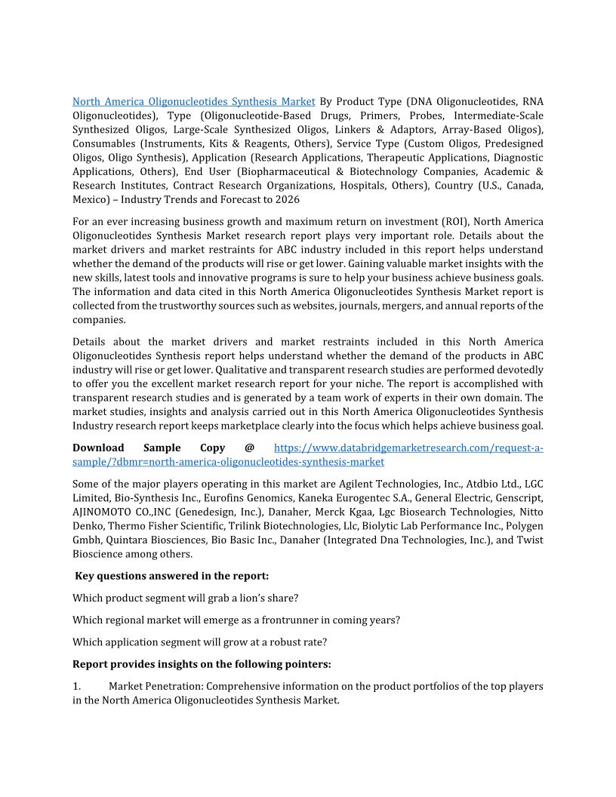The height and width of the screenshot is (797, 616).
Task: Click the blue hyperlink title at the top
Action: coord(194,101)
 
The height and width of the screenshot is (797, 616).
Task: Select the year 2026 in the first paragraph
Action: coord(286,200)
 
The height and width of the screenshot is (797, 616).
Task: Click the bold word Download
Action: coord(98,448)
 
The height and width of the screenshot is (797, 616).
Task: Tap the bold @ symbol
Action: coord(249,448)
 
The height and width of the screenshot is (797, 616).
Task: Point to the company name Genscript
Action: coord(521,498)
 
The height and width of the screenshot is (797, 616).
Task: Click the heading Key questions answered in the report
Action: coord(172,576)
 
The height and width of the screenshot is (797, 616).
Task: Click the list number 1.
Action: coord(76,687)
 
